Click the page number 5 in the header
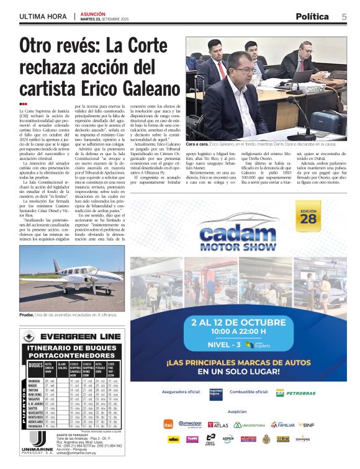344,16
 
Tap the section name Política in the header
317,16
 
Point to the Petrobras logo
297,393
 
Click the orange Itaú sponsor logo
168,425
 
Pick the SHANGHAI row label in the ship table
35,380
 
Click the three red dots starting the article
23,104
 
